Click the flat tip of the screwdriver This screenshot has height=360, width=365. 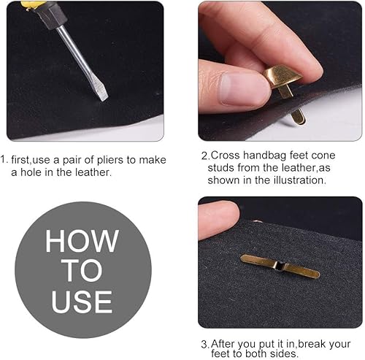(x=104, y=98)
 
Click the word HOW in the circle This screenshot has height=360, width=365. (x=82, y=241)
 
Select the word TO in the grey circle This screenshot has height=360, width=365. (x=82, y=271)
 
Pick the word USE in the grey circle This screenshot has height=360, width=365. (x=82, y=302)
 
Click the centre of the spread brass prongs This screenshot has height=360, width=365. (x=280, y=266)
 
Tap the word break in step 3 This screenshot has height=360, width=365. (x=312, y=344)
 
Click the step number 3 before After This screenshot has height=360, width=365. (x=204, y=345)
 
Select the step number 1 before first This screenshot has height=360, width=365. (x=4, y=160)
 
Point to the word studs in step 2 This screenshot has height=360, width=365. (x=221, y=168)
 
